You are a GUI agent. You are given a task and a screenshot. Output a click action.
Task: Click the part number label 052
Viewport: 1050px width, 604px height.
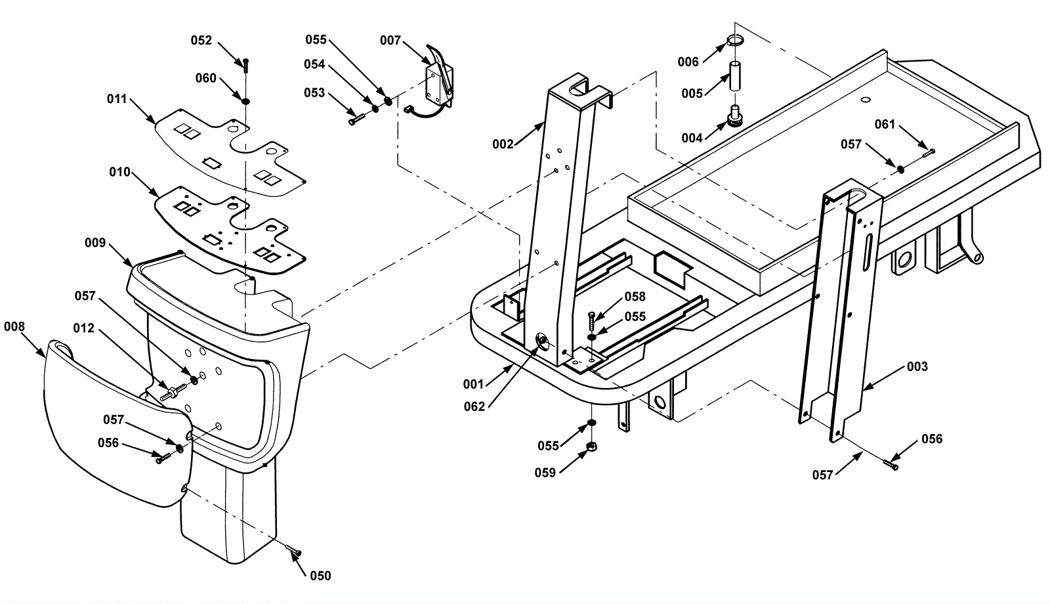point(201,40)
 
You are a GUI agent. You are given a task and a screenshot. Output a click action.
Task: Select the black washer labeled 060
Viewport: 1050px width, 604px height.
point(245,101)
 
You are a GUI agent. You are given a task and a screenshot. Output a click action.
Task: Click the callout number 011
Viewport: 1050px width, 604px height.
point(117,99)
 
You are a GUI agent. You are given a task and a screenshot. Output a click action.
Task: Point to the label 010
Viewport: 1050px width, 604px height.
point(119,172)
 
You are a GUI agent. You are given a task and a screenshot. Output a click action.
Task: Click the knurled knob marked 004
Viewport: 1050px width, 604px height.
point(734,116)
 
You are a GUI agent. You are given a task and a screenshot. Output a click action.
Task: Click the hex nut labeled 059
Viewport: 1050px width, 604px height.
point(591,446)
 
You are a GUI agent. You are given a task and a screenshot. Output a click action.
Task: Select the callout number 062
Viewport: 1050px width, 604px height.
point(474,406)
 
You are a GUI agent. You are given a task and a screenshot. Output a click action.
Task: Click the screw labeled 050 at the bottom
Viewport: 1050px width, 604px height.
point(293,551)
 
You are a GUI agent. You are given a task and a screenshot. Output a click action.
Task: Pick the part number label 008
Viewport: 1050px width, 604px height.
point(14,326)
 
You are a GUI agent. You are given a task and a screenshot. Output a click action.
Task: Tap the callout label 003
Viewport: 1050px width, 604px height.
point(917,366)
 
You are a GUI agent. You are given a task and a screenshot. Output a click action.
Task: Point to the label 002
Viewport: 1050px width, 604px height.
point(503,144)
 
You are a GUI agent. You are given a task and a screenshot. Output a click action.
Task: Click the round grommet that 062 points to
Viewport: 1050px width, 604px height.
point(543,341)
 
